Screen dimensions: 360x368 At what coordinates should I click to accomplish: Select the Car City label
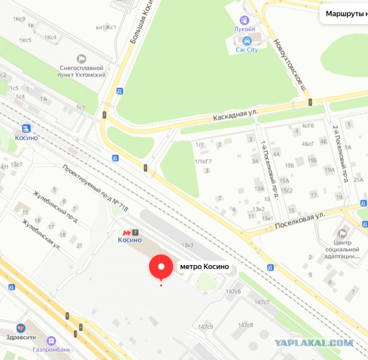point(247,50)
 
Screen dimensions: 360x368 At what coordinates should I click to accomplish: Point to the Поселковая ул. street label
point(301,217)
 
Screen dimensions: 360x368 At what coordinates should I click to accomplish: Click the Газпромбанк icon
point(51,340)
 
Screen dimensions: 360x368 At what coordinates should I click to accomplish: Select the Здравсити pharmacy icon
point(21,328)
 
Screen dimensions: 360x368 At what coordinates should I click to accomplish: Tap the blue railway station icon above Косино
point(26,128)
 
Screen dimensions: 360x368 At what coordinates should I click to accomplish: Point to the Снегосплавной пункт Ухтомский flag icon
point(81,58)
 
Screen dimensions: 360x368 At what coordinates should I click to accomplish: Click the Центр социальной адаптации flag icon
point(343,233)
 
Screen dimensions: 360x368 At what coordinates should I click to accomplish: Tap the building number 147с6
point(233,292)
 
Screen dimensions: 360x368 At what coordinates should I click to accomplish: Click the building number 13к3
point(187,246)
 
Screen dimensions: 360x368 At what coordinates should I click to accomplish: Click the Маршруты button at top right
point(346,13)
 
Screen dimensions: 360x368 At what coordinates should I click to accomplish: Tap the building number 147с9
point(206,327)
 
